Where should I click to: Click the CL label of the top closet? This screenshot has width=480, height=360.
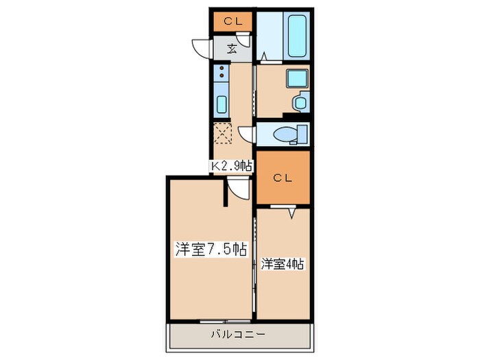pyautogui.click(x=232, y=22)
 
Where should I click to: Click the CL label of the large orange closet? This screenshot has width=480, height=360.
pyautogui.click(x=283, y=178)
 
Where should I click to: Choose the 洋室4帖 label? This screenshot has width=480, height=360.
pyautogui.click(x=283, y=263)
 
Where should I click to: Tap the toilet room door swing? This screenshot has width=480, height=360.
pyautogui.click(x=248, y=134)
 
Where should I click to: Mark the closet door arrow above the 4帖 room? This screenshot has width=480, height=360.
pyautogui.click(x=293, y=214)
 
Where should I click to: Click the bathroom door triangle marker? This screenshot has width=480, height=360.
pyautogui.click(x=264, y=55)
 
